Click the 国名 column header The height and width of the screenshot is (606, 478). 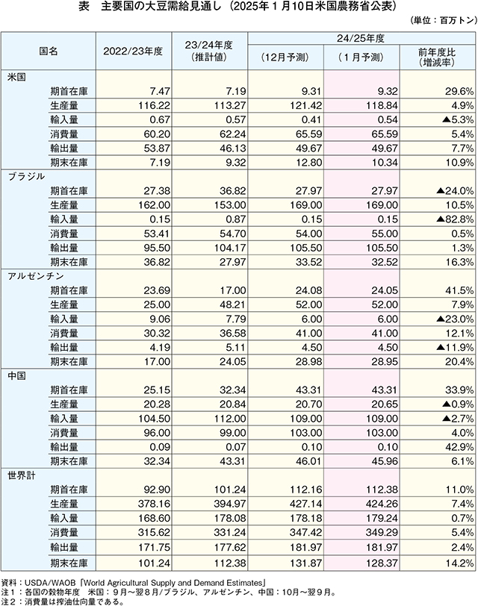point(49,51)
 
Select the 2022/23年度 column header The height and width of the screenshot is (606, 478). point(133,51)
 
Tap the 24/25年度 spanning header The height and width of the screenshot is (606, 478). point(361,38)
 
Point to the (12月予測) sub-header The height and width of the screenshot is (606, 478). point(285,57)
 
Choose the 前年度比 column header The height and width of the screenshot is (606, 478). point(437,52)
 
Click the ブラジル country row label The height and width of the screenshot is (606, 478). point(26,177)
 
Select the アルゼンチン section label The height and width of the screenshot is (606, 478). point(36,276)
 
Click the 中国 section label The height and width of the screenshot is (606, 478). point(17,375)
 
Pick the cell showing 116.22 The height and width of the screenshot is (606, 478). point(154,105)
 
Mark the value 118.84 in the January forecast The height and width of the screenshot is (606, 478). point(382,105)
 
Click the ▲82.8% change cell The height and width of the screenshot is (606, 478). point(455,219)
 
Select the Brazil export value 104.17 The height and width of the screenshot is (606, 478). point(230,248)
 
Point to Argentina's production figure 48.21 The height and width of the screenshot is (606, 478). point(232,304)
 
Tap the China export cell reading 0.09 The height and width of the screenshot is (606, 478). point(160,447)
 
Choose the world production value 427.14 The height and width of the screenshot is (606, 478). point(306,504)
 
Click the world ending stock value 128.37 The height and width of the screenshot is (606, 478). point(382,563)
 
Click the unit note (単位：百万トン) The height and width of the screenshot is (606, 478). point(443,20)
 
